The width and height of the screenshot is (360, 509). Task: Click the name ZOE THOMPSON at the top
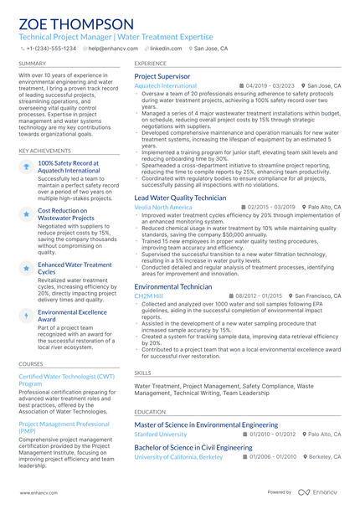75,23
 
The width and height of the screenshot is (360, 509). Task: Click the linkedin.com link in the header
166,49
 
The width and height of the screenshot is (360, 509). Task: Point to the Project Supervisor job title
162,76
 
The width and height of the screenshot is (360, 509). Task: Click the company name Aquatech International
165,85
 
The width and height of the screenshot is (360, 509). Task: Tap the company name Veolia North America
162,207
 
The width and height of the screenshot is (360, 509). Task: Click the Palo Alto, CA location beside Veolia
324,207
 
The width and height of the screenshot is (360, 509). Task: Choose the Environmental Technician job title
173,286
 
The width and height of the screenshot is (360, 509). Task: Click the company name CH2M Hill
149,296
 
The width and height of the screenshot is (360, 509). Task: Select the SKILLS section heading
143,373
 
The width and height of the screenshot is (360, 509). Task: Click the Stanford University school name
161,434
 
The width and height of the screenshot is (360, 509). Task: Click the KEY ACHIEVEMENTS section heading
45,151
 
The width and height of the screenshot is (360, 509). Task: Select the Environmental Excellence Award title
74,316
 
